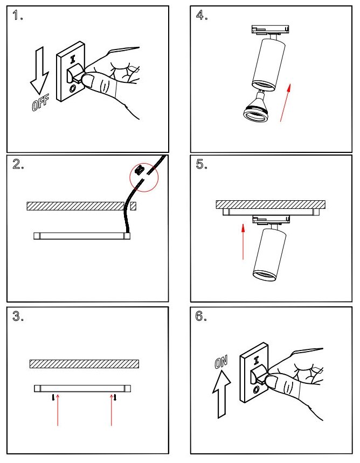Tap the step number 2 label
[16, 165]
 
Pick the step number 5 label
[202, 165]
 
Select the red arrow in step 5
[243, 242]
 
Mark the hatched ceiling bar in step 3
[84, 364]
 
